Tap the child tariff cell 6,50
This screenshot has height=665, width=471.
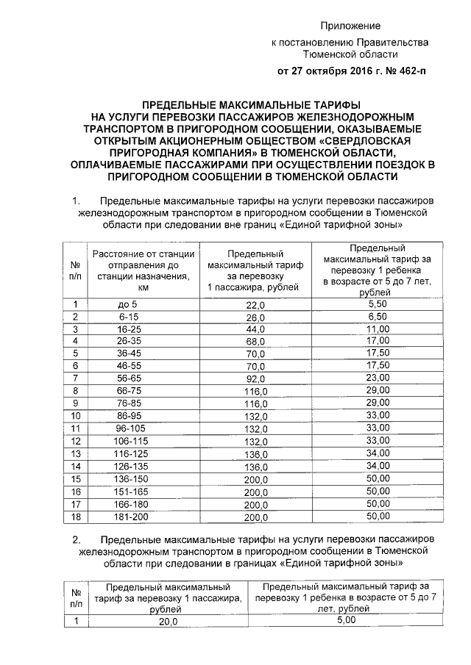click(x=377, y=317)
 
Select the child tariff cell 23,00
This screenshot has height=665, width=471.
click(x=377, y=378)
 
